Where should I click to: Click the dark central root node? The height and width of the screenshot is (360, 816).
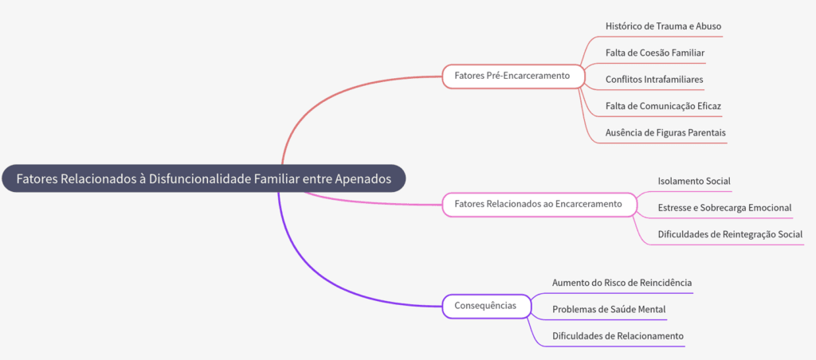203,178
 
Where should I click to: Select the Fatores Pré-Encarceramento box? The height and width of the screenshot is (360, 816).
512,76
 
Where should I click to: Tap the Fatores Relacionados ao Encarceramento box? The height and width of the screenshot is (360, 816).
538,204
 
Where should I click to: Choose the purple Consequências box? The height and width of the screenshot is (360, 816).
485,305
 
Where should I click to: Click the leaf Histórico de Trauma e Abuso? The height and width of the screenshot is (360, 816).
663,26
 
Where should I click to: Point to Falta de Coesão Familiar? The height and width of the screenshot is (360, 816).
654,53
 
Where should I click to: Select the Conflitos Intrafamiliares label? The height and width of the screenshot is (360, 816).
654,79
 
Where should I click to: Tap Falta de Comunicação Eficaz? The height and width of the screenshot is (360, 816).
663,105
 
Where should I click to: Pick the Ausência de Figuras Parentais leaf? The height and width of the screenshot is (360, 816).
665,131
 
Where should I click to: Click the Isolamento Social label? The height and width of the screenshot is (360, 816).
694,181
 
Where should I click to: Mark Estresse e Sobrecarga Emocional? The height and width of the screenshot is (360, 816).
724,207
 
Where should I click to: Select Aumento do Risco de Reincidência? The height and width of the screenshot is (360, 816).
622,282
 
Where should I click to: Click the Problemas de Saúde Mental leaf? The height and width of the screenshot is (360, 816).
609,308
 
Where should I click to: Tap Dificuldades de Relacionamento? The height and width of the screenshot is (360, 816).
618,335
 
